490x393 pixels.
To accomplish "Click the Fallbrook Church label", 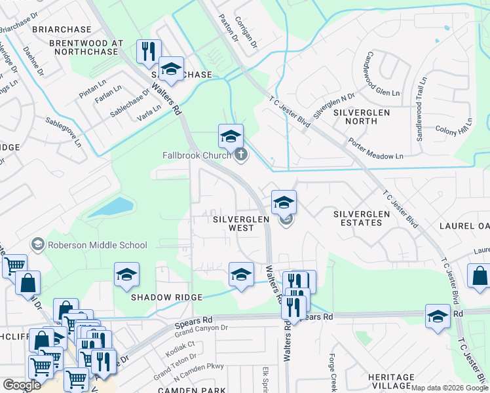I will tap(197, 155).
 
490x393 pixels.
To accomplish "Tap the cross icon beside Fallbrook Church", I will tap(241, 155).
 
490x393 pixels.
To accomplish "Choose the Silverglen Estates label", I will tap(358, 218).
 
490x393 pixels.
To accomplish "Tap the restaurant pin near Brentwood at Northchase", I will tap(149, 51).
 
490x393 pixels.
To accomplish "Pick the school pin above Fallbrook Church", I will tap(230, 136).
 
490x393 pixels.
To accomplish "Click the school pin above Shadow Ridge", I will tap(127, 275).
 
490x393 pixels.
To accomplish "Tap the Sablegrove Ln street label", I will tap(64, 131).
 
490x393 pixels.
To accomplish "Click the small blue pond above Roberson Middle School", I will tap(111, 208).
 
